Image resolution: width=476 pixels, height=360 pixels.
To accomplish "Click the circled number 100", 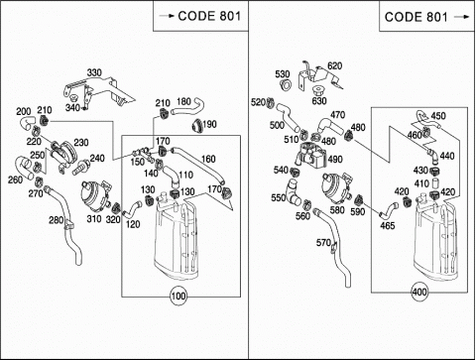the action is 178,296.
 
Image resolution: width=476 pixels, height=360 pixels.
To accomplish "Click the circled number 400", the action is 419,292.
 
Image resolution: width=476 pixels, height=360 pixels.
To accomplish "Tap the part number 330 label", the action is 94,72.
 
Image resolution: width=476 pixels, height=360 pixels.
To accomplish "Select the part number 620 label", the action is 334,65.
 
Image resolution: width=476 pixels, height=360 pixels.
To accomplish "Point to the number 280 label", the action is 57,219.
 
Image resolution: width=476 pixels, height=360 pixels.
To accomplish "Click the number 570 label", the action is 323,242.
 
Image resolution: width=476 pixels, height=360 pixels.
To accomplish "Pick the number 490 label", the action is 335,160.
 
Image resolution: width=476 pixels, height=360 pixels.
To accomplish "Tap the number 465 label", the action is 387,225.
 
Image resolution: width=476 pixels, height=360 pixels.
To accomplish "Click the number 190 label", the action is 209,124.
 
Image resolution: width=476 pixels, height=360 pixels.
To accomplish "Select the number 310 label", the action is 94,218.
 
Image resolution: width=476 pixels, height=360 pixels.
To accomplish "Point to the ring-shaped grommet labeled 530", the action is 286,84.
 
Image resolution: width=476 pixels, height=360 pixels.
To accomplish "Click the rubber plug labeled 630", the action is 318,90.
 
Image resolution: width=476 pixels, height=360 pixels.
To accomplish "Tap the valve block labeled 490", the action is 311,155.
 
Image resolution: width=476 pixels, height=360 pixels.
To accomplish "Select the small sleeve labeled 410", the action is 435,182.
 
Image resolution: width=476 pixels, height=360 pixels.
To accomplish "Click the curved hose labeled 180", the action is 187,108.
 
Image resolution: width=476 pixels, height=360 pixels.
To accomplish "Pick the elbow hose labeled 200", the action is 27,123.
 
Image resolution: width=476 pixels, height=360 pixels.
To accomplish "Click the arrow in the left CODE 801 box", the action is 167,16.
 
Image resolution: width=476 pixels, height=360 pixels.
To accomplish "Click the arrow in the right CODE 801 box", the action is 461,17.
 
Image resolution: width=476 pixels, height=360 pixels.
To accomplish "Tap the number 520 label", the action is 258,102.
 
